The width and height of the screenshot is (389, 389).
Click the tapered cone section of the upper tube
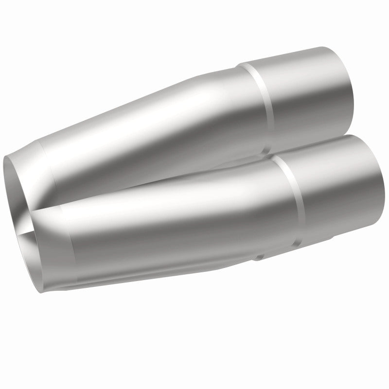(160, 122)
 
